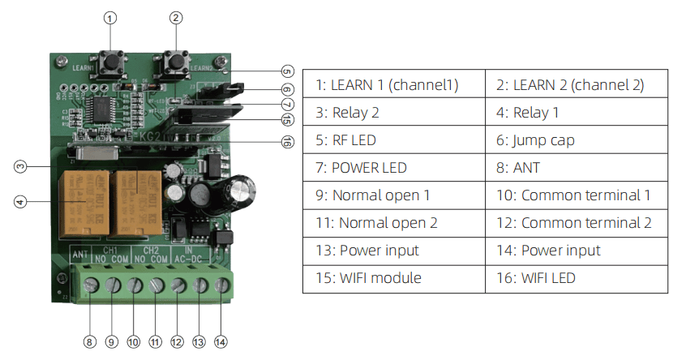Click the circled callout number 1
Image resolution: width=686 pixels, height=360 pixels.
(x=111, y=17)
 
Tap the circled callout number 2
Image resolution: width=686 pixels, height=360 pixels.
(x=177, y=17)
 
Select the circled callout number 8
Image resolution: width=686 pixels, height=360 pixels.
(x=90, y=342)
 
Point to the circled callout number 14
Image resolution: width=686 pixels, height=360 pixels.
(x=221, y=342)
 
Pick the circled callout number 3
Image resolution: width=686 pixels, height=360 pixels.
(x=21, y=167)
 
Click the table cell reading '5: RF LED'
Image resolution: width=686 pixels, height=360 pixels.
(x=393, y=139)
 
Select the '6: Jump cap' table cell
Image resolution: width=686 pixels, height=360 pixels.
(x=577, y=139)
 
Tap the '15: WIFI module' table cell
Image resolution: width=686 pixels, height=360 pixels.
(x=393, y=277)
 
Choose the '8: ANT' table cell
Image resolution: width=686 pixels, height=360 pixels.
(x=577, y=167)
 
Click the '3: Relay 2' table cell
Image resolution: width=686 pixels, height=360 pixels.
(x=393, y=112)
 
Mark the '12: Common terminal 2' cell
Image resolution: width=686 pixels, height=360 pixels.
(x=577, y=222)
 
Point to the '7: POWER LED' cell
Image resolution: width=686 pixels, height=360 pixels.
(x=393, y=167)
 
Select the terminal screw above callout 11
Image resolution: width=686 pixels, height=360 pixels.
(x=156, y=285)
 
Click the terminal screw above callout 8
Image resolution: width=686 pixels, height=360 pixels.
(x=90, y=285)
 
